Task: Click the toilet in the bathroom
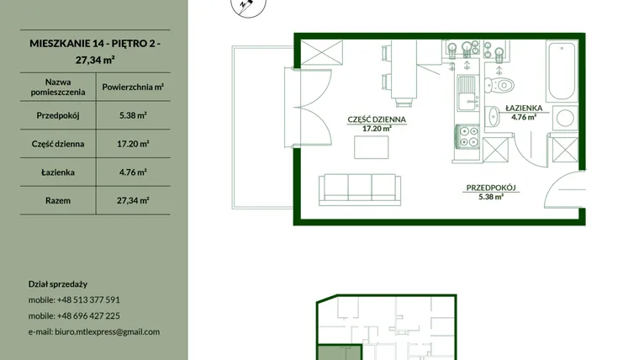499,85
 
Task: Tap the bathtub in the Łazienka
562,71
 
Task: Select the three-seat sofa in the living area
360,189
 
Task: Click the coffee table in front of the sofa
372,147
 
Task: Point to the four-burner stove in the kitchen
467,137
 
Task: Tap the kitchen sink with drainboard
467,93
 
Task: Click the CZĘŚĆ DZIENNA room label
377,119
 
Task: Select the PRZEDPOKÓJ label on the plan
491,188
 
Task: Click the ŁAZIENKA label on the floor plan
524,108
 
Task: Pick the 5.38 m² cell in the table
133,115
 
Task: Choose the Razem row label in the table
58,200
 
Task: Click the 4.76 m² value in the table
133,172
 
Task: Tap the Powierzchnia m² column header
133,87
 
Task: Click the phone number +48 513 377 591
88,300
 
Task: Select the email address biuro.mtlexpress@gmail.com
107,332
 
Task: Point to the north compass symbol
249,6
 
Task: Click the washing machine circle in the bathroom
565,119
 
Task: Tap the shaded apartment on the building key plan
340,352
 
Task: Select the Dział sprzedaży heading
58,284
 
